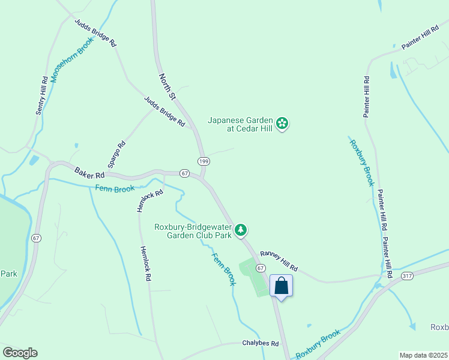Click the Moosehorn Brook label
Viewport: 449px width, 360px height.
tap(73, 60)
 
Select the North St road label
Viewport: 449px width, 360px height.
tap(167, 87)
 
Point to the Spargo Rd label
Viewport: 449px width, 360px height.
tap(116, 154)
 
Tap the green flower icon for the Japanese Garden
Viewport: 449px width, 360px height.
tap(283, 124)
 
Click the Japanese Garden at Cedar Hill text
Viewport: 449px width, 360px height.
tap(240, 124)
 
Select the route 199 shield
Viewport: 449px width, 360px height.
tap(203, 161)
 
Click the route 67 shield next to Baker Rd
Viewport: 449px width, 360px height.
tap(184, 173)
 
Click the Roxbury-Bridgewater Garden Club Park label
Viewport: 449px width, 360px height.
tap(193, 231)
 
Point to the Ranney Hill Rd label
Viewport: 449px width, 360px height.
tap(279, 261)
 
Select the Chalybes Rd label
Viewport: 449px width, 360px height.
tap(261, 344)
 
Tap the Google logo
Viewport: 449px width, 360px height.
tap(20, 353)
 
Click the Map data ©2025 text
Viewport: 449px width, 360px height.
tap(423, 355)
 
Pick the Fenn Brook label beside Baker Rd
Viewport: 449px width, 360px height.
tap(114, 188)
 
